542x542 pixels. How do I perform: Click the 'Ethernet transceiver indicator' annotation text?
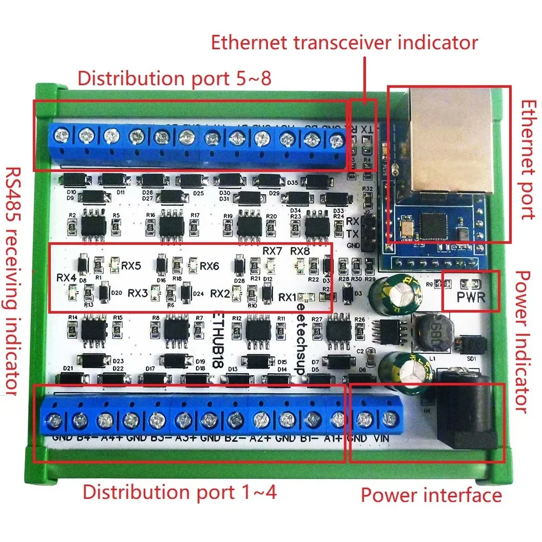tap(344, 43)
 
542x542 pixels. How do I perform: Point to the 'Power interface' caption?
tap(431, 495)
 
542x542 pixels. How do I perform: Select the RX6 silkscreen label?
tap(209, 266)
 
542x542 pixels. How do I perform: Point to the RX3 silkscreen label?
tap(138, 293)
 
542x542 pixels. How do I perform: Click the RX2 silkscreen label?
tap(220, 294)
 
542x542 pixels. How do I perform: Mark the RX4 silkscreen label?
tap(66, 278)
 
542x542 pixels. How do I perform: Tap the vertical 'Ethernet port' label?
tap(528, 160)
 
